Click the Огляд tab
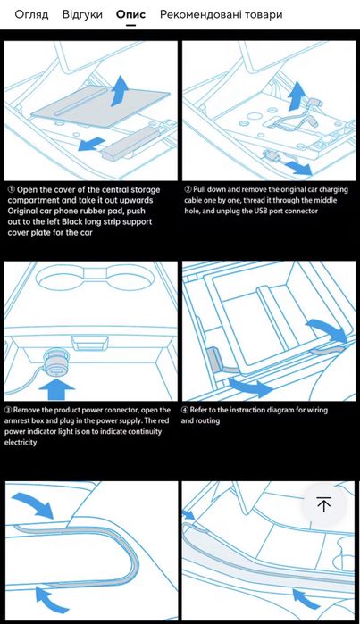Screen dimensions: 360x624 [x=31, y=14]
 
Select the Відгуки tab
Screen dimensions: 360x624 [x=82, y=14]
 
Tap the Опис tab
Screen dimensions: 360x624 [x=130, y=14]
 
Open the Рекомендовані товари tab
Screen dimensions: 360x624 [x=221, y=14]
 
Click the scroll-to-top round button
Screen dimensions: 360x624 [x=323, y=504]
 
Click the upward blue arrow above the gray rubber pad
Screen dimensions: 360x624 [x=120, y=91]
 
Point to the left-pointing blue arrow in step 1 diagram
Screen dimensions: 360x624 [x=91, y=144]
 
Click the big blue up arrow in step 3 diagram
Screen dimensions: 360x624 [x=57, y=389]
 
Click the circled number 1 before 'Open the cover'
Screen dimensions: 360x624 [x=12, y=190]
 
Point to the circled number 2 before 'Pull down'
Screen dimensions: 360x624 [x=188, y=189]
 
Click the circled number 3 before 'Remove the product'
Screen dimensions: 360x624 [x=8, y=410]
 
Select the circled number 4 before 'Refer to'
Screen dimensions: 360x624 [x=185, y=410]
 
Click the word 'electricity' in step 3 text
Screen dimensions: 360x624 [x=21, y=442]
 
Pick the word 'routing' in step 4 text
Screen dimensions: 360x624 [x=207, y=421]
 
